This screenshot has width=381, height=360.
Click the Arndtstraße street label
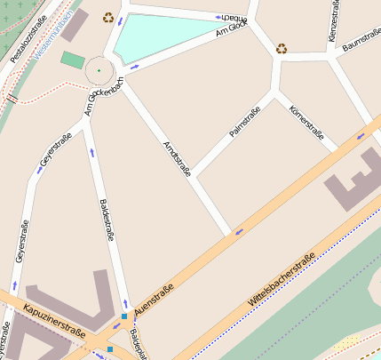tap(177, 160)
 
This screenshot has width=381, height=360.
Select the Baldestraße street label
tap(106, 220)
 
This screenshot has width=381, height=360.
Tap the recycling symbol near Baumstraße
tap(282, 49)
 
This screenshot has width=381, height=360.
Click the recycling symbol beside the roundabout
tap(108, 17)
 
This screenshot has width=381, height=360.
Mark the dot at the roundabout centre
tap(99, 70)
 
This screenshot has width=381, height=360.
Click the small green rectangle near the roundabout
tap(73, 60)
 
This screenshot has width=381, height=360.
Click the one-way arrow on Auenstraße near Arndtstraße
tap(237, 233)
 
